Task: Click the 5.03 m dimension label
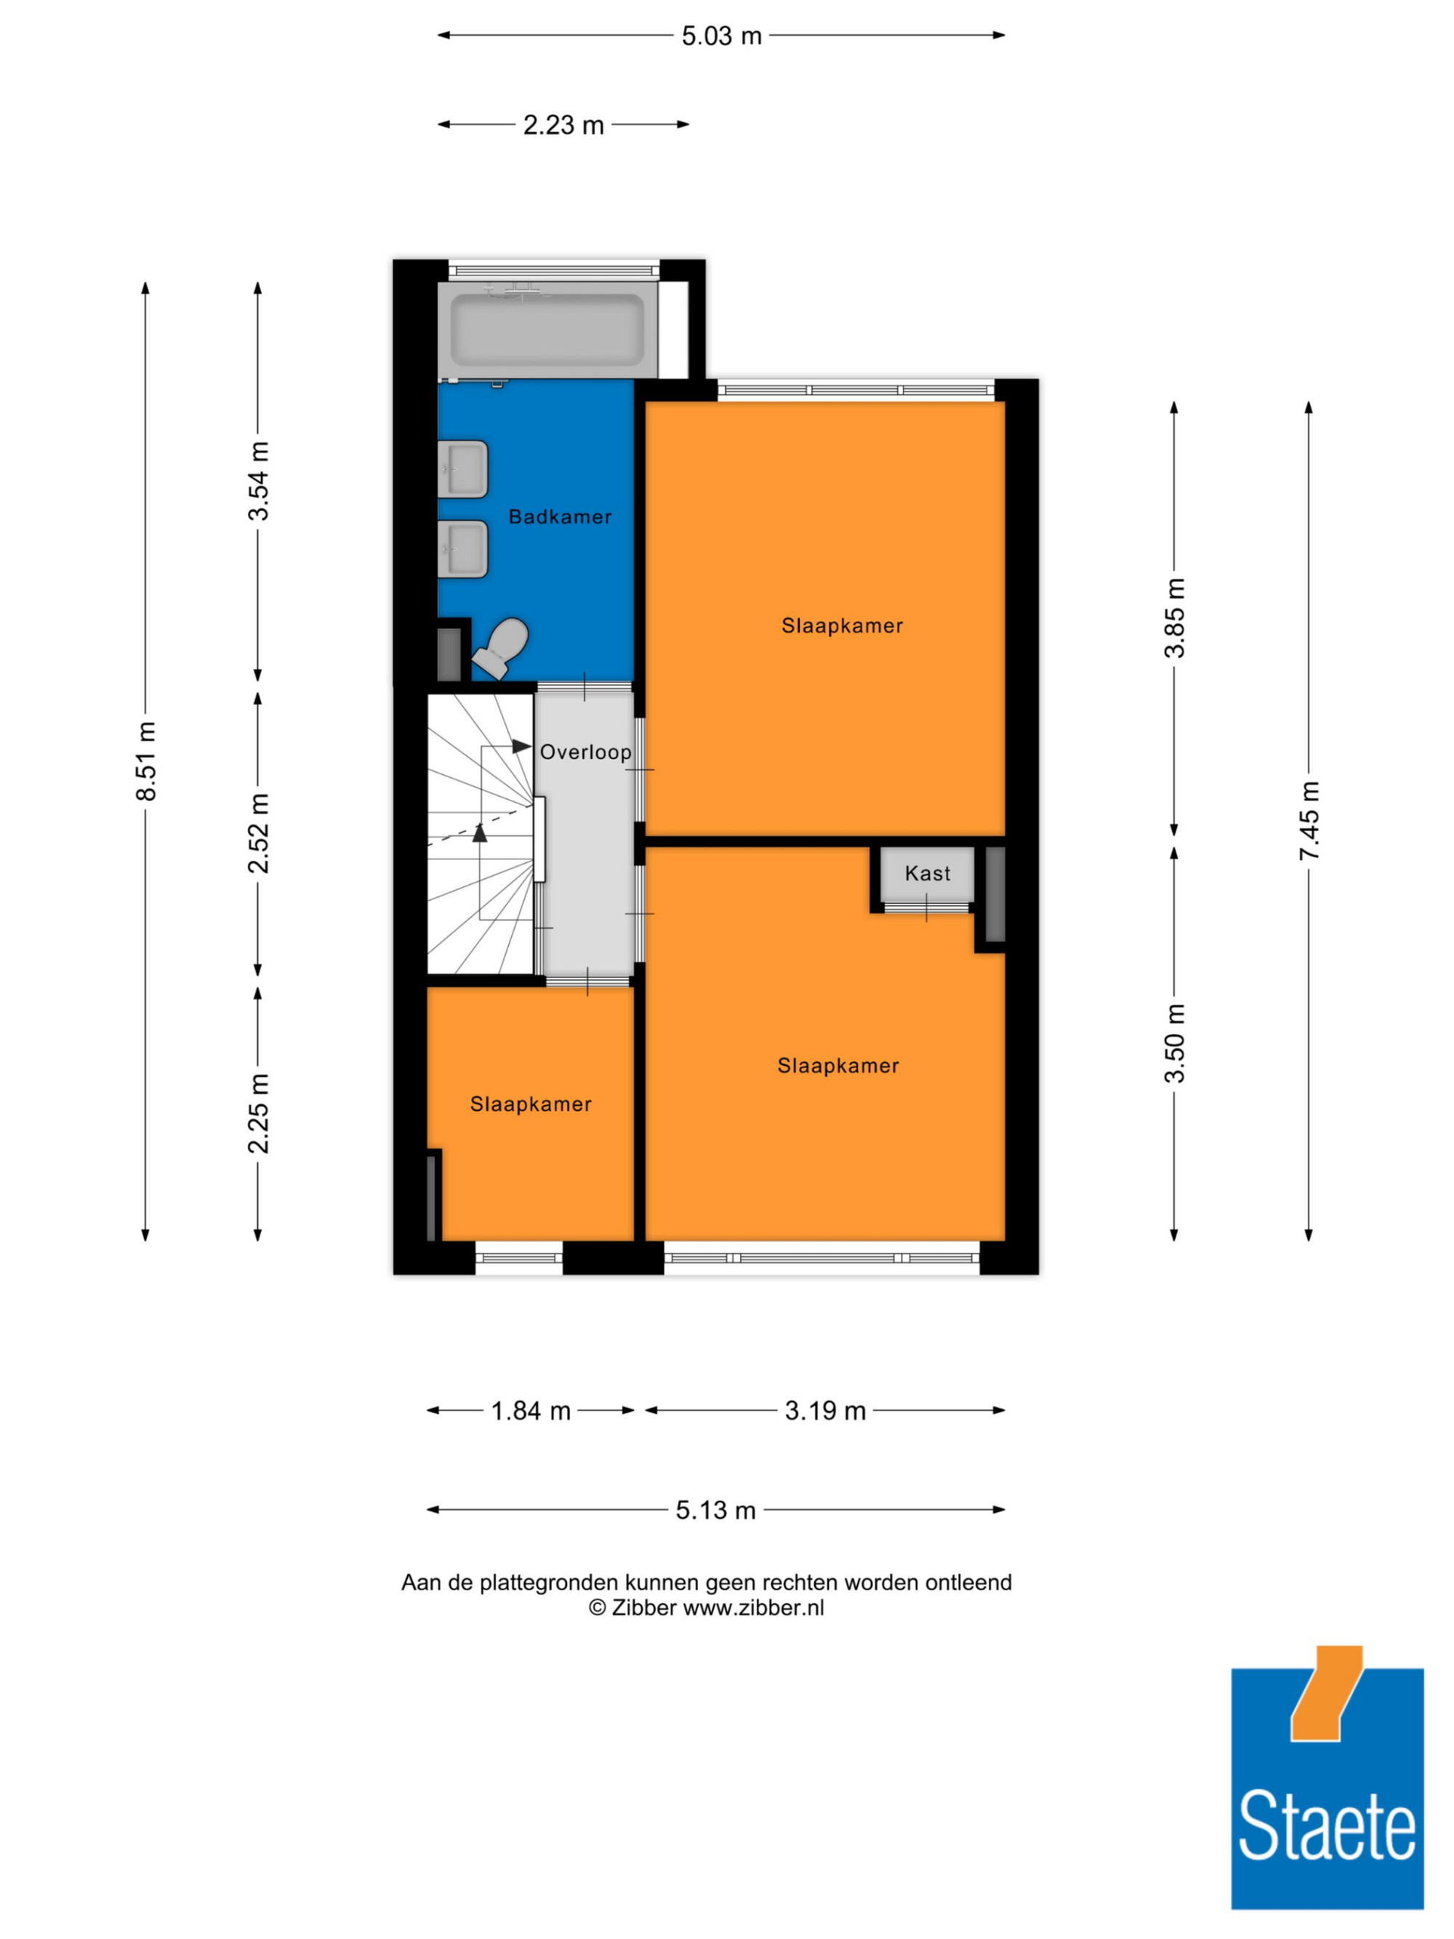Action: (x=721, y=36)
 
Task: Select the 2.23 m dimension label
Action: (x=563, y=125)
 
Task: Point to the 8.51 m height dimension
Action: (x=146, y=761)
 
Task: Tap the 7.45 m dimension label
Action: (x=1309, y=821)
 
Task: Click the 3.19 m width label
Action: (x=824, y=1410)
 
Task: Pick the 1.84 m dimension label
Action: (x=530, y=1410)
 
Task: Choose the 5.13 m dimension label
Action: (x=715, y=1510)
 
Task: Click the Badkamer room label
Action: (x=560, y=517)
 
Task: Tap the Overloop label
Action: (x=585, y=752)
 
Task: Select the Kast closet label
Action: (x=927, y=873)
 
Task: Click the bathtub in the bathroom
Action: (x=547, y=329)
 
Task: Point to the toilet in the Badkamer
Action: (x=502, y=648)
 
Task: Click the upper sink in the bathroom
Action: (x=463, y=469)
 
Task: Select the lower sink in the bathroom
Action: (x=463, y=550)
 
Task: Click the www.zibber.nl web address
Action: (x=754, y=1607)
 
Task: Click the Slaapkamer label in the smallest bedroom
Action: (x=530, y=1104)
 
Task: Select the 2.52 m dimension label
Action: (x=259, y=832)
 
